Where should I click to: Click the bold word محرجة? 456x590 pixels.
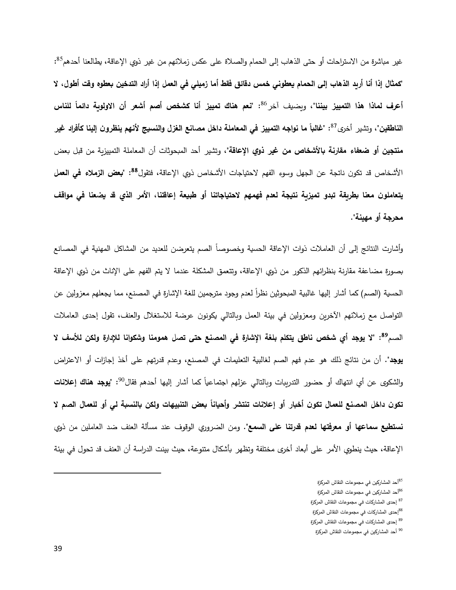click(393, 218)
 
